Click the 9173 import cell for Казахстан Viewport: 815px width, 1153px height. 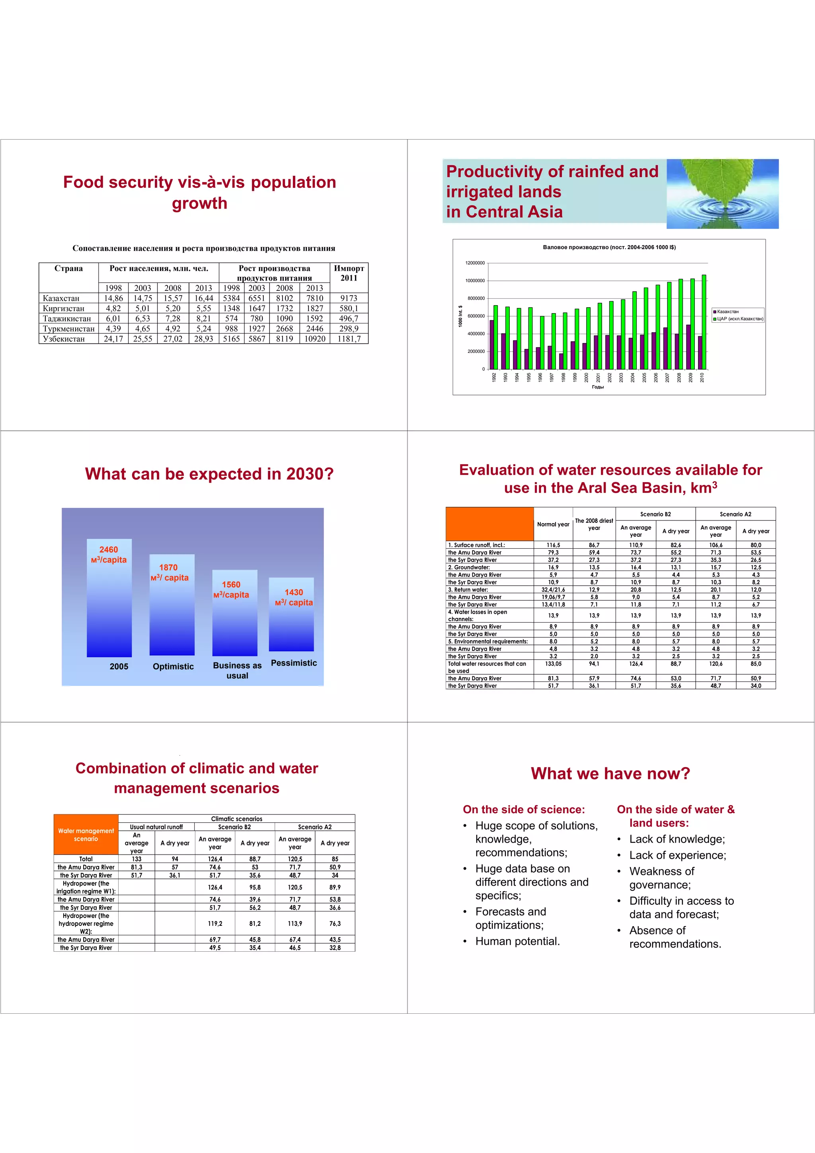tap(349, 298)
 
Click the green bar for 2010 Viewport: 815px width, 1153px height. tap(704, 322)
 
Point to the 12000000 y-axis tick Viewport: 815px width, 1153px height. tap(474, 263)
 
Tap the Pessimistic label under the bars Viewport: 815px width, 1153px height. tap(294, 663)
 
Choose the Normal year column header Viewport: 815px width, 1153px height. tap(553, 524)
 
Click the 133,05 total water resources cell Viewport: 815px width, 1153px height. tap(553, 664)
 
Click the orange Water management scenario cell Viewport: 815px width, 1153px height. tap(86, 835)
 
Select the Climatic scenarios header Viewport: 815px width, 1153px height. tap(236, 818)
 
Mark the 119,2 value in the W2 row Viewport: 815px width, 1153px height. tap(215, 923)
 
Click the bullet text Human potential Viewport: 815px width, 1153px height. tap(517, 941)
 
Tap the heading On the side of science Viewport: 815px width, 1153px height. tap(524, 810)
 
